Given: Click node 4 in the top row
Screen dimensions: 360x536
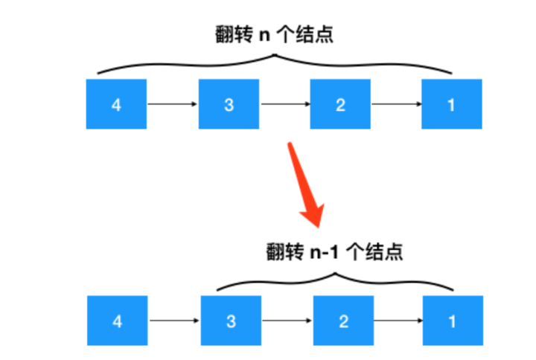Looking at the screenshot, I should (x=116, y=105).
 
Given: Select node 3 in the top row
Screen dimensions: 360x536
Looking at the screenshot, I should (x=229, y=105).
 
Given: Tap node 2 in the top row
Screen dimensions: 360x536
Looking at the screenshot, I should (x=340, y=105).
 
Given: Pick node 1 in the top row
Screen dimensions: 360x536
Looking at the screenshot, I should (x=451, y=105).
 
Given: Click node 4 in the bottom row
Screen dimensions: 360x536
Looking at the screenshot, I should (x=117, y=321).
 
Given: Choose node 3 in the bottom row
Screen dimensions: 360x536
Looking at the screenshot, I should (x=232, y=321).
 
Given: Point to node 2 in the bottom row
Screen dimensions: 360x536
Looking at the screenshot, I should (x=343, y=321).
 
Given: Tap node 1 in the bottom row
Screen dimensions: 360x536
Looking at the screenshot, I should (x=451, y=321).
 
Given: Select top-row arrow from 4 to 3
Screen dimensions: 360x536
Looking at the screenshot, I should (x=173, y=105).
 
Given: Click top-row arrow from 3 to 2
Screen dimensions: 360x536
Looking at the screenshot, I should (x=284, y=105).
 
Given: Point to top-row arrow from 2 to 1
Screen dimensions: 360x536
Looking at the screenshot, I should (x=396, y=105).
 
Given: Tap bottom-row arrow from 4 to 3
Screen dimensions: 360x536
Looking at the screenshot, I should (x=174, y=321).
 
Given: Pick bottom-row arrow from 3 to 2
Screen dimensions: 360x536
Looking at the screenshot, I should (x=287, y=321).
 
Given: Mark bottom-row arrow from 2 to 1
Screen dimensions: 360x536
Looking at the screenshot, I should (x=398, y=321).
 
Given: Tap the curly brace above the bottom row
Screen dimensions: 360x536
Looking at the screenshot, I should (x=335, y=277).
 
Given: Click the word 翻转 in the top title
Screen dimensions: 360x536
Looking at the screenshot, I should (x=232, y=35).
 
